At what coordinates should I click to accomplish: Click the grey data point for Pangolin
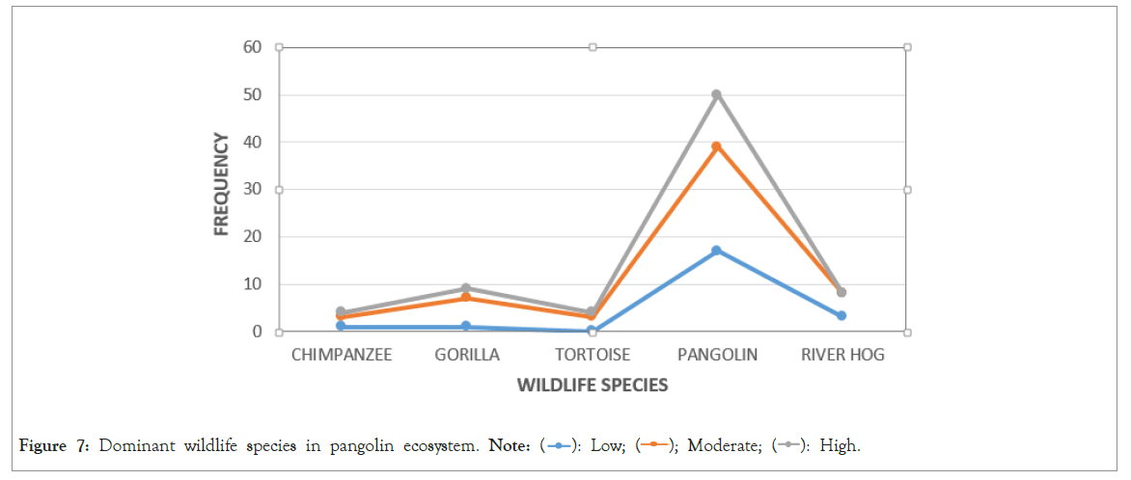pos(716,94)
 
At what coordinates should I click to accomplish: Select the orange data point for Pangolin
pos(716,147)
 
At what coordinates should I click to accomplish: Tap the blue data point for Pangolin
pos(716,251)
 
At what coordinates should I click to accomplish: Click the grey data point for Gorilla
pos(466,288)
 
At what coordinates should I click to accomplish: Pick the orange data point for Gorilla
pos(466,298)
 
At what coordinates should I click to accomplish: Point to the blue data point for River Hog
pos(841,315)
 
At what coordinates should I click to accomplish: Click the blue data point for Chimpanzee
pos(342,326)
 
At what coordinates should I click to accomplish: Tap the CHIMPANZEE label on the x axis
pos(342,355)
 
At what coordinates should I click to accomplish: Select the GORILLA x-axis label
pos(467,355)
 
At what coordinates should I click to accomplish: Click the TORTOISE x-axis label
pos(592,355)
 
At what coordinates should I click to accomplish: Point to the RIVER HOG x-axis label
pos(841,355)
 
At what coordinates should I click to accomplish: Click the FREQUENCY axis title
pos(221,184)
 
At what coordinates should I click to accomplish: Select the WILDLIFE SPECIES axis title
pos(592,386)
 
